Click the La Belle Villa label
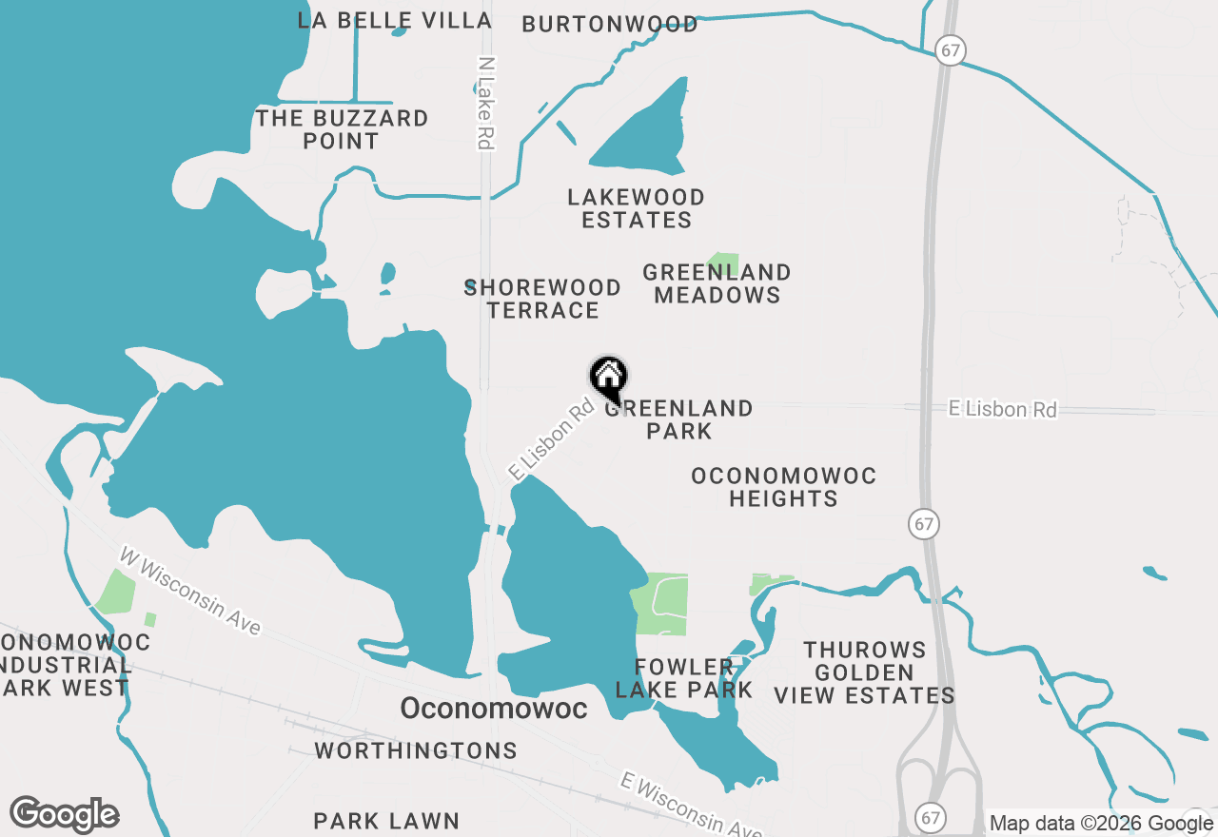pos(394,20)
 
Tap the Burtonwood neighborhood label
pos(610,25)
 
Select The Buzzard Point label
pos(342,129)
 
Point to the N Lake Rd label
pos(486,103)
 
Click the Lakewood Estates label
pos(636,208)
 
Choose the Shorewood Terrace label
pos(542,299)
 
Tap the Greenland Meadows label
pos(717,283)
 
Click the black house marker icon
pos(609,378)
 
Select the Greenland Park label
pos(679,419)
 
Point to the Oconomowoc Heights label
pos(784,487)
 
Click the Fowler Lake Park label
pos(683,678)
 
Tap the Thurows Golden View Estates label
pos(864,672)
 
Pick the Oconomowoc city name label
pos(493,709)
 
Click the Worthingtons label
pos(416,750)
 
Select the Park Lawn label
pos(386,821)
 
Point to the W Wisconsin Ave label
pos(190,591)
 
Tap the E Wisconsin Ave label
pos(690,805)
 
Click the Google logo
pos(65,814)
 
